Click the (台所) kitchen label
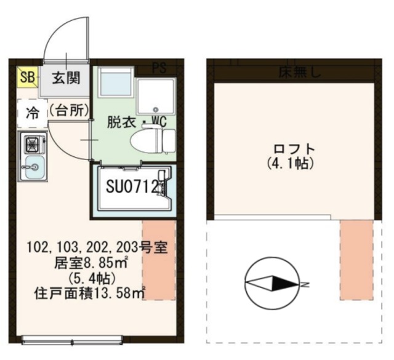[68, 111]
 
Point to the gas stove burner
[31, 145]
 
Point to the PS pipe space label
[159, 68]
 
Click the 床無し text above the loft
[299, 73]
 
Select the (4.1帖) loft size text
[291, 164]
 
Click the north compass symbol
[271, 283]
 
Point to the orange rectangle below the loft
[356, 258]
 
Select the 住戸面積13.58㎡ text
[89, 292]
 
